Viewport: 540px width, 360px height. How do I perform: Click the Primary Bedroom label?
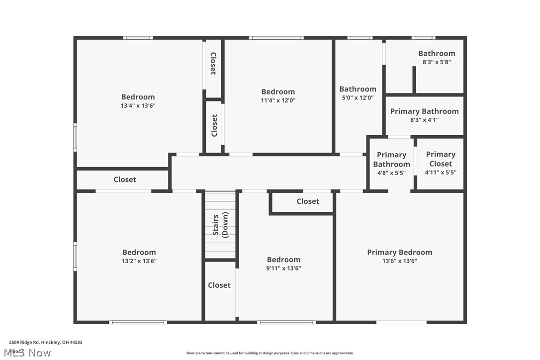coord(399,252)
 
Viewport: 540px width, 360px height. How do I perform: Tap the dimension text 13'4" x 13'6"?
coord(138,105)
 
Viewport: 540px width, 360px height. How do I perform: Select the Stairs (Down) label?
coord(220,225)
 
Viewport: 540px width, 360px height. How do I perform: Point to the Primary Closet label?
coord(440,159)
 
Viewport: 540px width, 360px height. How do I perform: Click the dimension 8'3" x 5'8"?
coord(436,62)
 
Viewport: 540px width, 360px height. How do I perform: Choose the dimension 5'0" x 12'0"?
coord(358,98)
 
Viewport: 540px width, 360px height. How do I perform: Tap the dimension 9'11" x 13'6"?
coord(283,268)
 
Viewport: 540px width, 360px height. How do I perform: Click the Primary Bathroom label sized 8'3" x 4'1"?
coord(424,111)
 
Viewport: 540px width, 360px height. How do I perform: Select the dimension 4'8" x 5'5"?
coord(391,173)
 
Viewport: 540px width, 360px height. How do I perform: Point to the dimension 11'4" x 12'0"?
coord(278,100)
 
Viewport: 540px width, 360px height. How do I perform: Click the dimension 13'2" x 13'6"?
coord(139,261)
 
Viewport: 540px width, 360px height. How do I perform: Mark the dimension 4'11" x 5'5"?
coord(440,172)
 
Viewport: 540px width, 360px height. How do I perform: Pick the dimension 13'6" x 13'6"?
coord(399,261)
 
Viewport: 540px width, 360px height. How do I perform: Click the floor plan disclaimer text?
coord(270,353)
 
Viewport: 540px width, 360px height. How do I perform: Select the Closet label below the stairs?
coord(219,285)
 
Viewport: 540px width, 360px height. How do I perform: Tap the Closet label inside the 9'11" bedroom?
coord(308,201)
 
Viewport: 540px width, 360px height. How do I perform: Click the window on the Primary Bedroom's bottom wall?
coord(401,322)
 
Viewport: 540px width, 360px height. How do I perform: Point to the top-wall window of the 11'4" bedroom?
coord(276,38)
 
